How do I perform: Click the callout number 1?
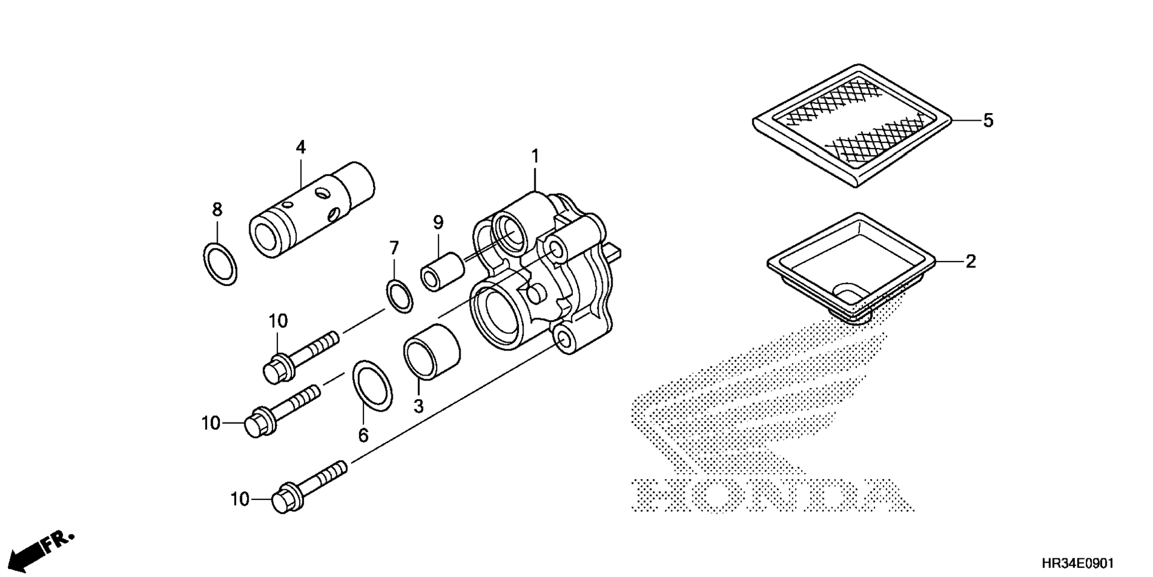pos(534,157)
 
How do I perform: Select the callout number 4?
pos(300,147)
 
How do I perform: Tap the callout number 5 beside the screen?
pos(988,121)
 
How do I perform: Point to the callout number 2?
pos(971,261)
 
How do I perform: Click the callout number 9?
pos(438,223)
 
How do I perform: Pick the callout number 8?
pos(217,210)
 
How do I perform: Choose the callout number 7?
pos(394,248)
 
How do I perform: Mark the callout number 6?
pos(363,435)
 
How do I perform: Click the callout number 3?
pos(418,407)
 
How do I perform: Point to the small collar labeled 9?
pos(442,272)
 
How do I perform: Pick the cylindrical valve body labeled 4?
pos(312,210)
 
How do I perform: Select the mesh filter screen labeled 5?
pos(853,125)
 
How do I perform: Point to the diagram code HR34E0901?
pos(1078,564)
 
